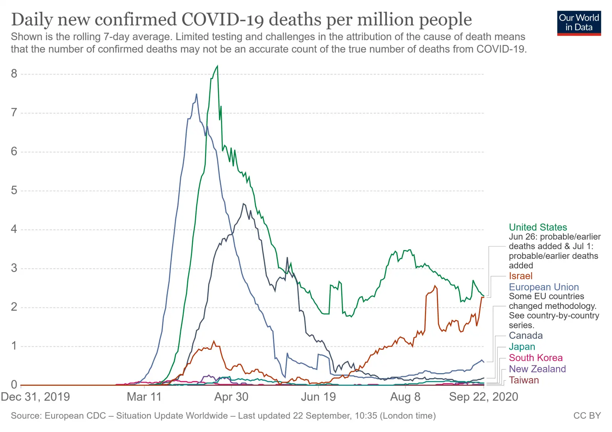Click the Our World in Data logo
(x=579, y=23)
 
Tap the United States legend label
(x=537, y=227)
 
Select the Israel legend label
(x=520, y=276)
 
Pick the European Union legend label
(x=544, y=287)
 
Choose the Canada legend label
(x=526, y=336)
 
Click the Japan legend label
(x=522, y=347)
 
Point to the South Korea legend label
(x=535, y=358)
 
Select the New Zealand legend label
(x=537, y=369)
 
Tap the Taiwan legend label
(x=524, y=380)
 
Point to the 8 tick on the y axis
(x=14, y=74)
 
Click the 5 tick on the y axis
(x=14, y=190)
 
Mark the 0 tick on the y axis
(x=14, y=385)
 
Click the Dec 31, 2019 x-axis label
(x=35, y=397)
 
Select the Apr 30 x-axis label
(x=231, y=397)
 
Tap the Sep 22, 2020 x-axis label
(x=483, y=397)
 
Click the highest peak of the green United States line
(x=217, y=66)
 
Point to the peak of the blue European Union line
(x=197, y=94)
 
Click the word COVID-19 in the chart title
(x=223, y=20)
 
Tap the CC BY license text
(x=587, y=416)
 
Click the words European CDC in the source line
(x=75, y=416)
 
